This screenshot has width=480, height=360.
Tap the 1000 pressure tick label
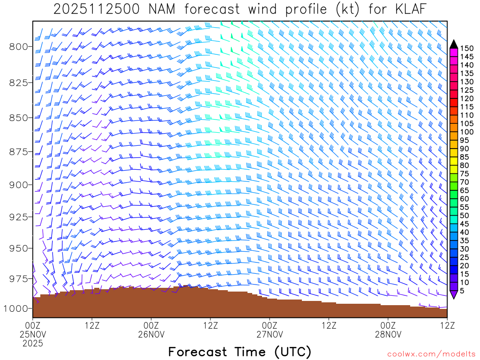pyautogui.click(x=17, y=308)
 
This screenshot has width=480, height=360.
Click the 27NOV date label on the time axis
pyautogui.click(x=270, y=334)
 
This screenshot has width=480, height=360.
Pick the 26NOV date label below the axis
pyautogui.click(x=151, y=334)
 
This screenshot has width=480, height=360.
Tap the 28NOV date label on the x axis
pyautogui.click(x=389, y=334)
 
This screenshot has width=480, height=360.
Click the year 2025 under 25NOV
pyautogui.click(x=33, y=343)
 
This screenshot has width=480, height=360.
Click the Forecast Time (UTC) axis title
pyautogui.click(x=240, y=352)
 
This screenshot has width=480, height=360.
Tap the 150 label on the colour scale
pyautogui.click(x=467, y=48)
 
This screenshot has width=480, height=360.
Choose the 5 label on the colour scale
pyautogui.click(x=462, y=291)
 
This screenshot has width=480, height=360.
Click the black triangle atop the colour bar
pyautogui.click(x=453, y=45)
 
